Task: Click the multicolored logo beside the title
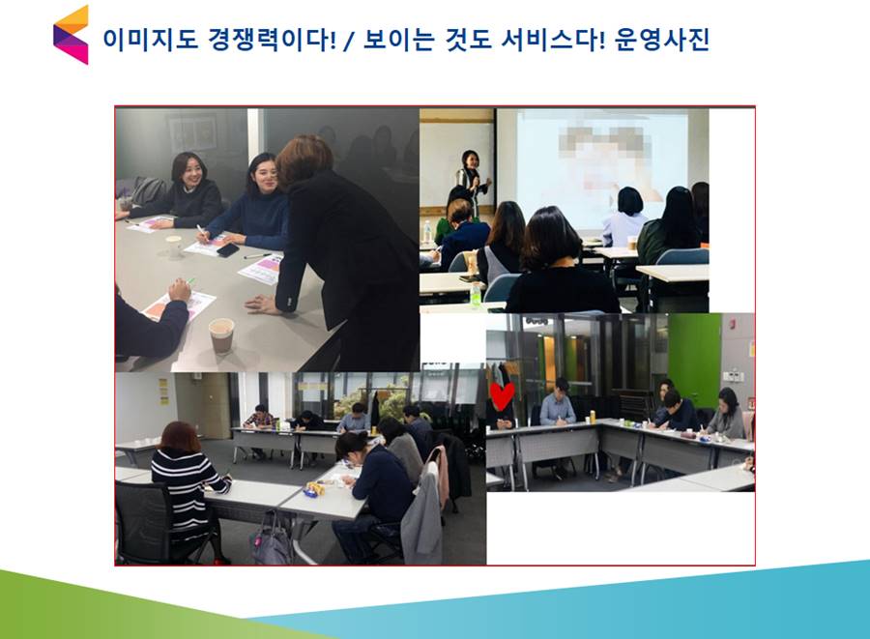click(71, 35)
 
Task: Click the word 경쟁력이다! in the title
click(272, 40)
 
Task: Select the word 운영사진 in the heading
click(662, 40)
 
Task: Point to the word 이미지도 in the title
click(150, 40)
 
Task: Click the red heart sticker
click(502, 396)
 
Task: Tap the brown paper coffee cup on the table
click(221, 335)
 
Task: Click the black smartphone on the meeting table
click(227, 250)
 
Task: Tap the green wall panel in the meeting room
click(694, 361)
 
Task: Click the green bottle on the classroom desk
click(475, 295)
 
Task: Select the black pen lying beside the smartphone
click(258, 256)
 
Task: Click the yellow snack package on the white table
click(314, 489)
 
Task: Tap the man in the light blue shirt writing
click(557, 405)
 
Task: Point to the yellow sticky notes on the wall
click(163, 391)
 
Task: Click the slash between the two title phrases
click(348, 41)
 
